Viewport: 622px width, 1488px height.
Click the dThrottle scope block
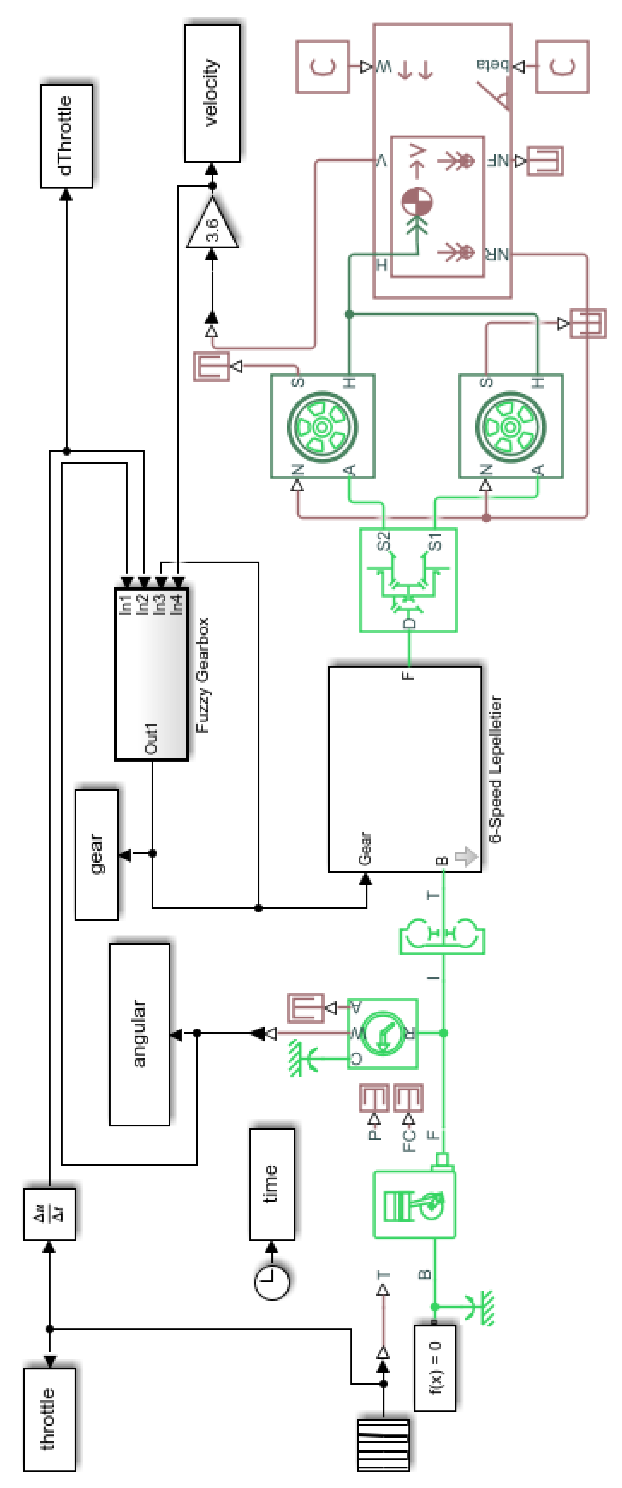click(66, 136)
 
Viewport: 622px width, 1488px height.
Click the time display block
click(272, 1184)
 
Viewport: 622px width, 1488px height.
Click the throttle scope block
click(49, 1419)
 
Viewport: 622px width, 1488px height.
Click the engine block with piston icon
click(414, 1204)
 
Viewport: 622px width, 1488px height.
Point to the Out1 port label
click(151, 738)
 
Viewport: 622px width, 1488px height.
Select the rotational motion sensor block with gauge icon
click(382, 1034)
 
